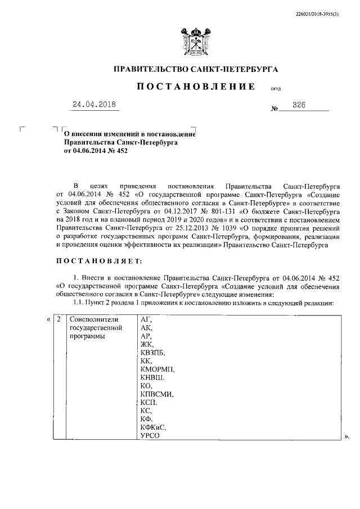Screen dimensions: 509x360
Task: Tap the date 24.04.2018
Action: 95,105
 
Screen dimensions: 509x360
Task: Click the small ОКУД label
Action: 276,89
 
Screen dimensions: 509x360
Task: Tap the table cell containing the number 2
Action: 58,319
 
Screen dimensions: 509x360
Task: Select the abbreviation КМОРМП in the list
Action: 157,369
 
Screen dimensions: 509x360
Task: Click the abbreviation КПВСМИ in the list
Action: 157,394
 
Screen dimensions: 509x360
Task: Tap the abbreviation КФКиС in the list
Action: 153,427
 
